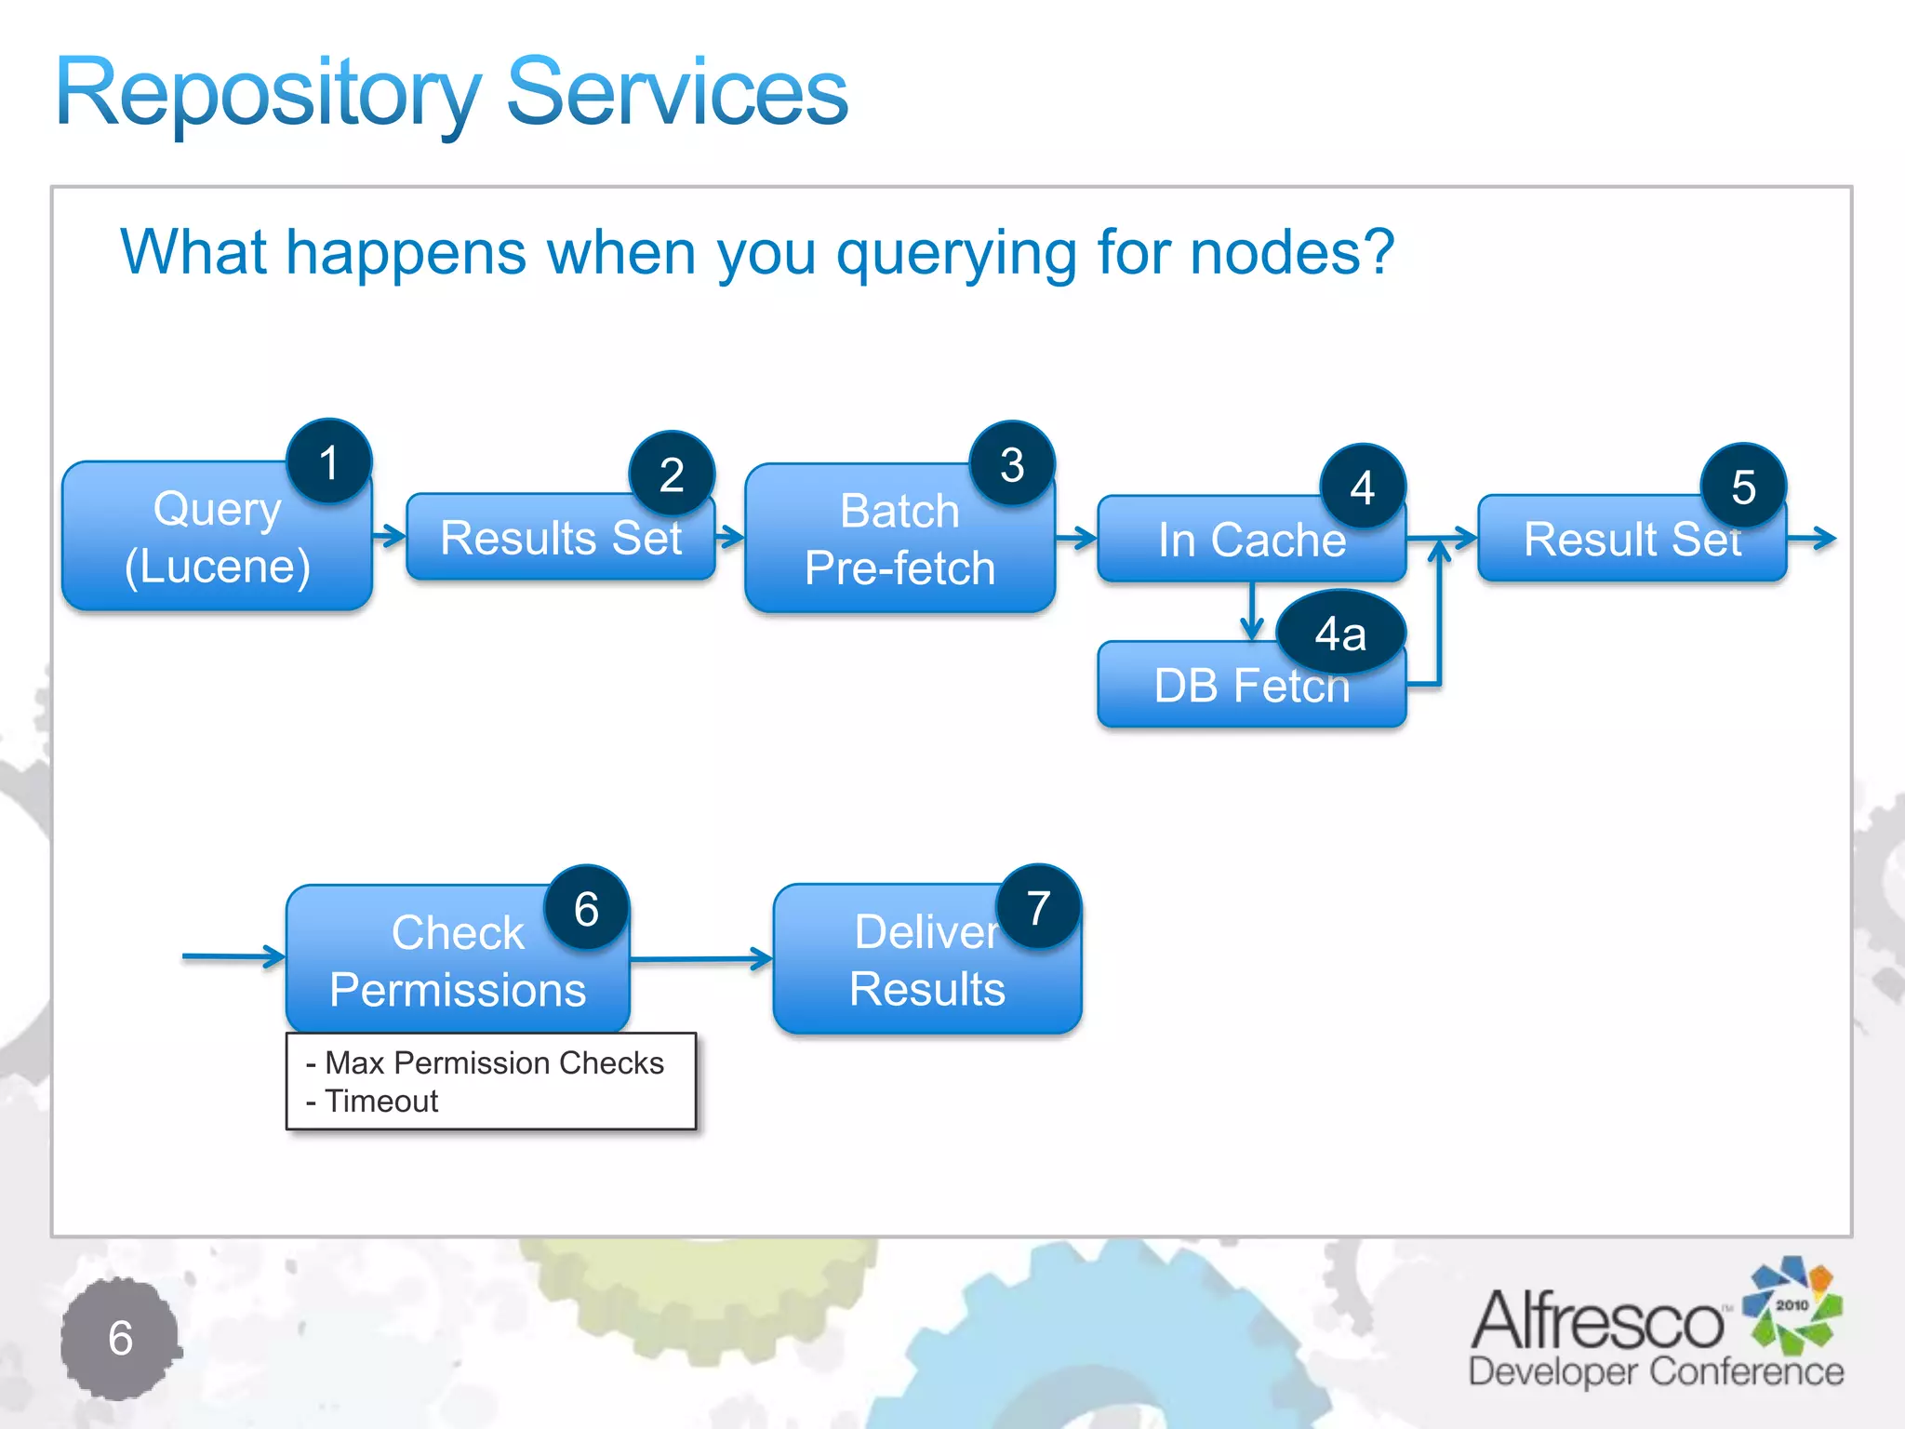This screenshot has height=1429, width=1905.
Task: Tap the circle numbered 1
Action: pyautogui.click(x=328, y=462)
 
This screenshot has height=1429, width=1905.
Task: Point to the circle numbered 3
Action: pyautogui.click(x=1012, y=464)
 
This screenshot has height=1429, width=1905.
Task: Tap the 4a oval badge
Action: pyautogui.click(x=1340, y=634)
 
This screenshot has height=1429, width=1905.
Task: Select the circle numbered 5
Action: pyautogui.click(x=1743, y=487)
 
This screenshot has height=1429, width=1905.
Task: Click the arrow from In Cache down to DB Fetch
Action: pyautogui.click(x=1252, y=611)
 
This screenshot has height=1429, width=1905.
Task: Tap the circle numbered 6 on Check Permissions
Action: pyautogui.click(x=586, y=909)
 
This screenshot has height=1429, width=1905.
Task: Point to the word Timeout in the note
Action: pyautogui.click(x=381, y=1102)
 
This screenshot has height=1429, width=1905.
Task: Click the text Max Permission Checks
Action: pyautogui.click(x=494, y=1062)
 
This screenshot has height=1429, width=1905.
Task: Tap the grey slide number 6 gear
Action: pyautogui.click(x=120, y=1339)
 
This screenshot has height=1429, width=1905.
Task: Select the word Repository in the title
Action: pyautogui.click(x=268, y=93)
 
